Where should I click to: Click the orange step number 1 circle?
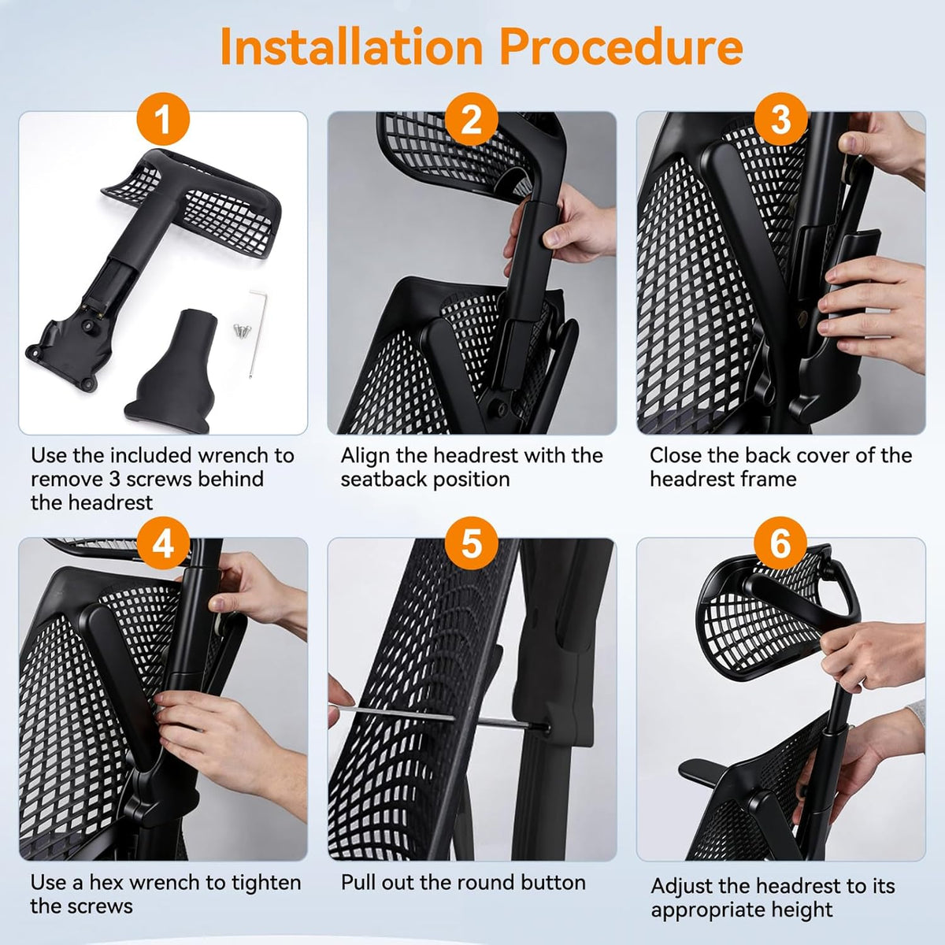pos(163,119)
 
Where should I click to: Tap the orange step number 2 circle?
pos(472,119)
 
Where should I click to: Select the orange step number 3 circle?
pos(780,119)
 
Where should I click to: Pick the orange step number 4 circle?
pos(163,544)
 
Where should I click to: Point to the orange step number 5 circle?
pos(472,544)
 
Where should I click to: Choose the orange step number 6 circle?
pos(780,544)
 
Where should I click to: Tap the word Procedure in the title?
pos(621,46)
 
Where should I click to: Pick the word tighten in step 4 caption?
pos(266,884)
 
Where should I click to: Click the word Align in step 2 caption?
pos(365,456)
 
